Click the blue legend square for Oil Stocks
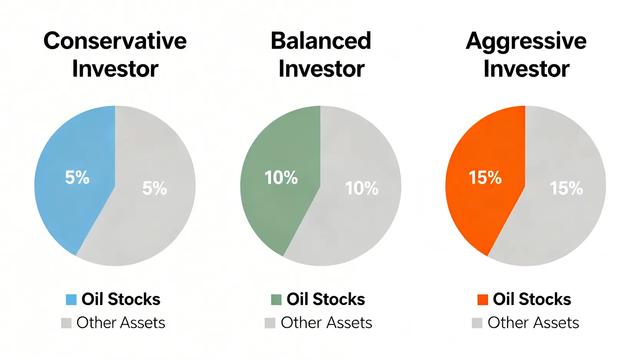point(71,300)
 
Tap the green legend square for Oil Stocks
point(276,300)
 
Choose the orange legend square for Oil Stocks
point(482,300)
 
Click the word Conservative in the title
point(115,41)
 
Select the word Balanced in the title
point(321,41)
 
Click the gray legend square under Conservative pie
point(66,323)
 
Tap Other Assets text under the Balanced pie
point(327,323)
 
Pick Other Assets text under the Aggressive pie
point(534,323)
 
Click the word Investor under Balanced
point(322,69)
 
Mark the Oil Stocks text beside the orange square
point(532,299)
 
